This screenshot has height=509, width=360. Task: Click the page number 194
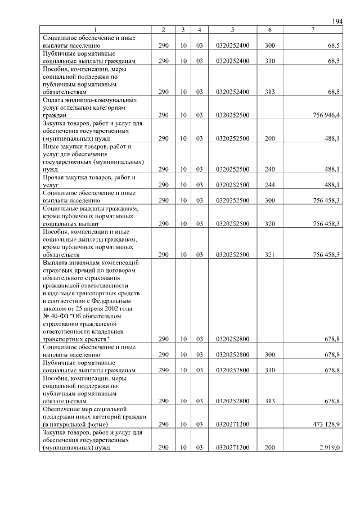[x=337, y=21]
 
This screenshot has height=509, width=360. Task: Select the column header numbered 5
[x=232, y=29]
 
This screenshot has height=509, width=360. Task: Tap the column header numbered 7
[x=312, y=29]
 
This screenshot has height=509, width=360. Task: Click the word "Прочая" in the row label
[x=54, y=177]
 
